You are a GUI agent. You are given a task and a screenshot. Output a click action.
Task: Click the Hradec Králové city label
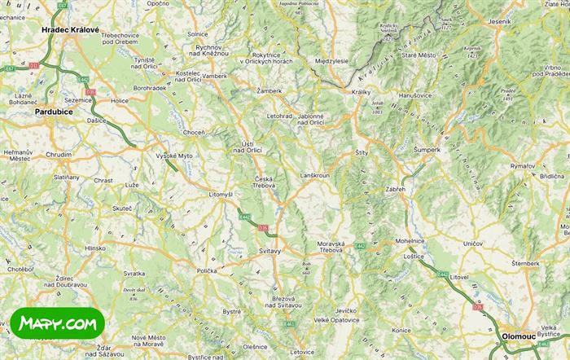tap(70, 30)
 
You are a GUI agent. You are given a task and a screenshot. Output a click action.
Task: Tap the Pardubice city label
tap(54, 112)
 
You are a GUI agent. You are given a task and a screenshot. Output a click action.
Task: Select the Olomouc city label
tap(518, 335)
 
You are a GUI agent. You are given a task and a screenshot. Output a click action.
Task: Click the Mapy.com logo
tap(58, 323)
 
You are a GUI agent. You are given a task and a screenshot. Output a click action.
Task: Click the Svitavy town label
tap(270, 251)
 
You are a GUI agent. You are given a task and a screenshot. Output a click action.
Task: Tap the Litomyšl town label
tap(221, 195)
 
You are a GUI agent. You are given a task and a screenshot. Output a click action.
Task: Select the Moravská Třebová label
tap(331, 247)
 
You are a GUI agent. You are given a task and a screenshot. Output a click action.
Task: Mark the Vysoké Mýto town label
tap(175, 155)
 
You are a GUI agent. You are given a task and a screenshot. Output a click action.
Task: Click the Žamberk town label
tap(269, 91)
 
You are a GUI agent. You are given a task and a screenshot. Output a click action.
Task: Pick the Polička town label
tap(207, 270)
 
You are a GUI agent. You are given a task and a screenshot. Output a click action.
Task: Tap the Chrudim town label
tap(59, 154)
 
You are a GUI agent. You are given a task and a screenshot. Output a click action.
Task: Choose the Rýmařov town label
tap(523, 166)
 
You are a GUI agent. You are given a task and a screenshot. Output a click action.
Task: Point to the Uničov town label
tap(472, 244)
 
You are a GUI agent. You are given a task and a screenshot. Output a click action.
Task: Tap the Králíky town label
tap(361, 93)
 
